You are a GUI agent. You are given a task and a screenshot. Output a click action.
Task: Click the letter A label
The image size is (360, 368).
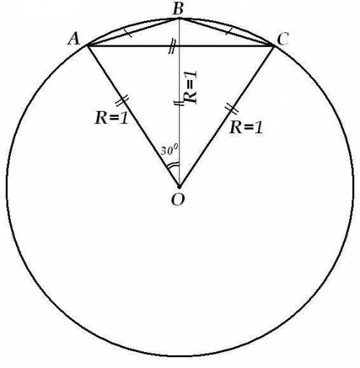coord(73,39)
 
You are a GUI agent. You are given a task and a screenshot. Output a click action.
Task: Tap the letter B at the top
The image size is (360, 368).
coord(178,9)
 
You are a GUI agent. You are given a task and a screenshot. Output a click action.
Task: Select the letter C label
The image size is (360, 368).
coord(282,39)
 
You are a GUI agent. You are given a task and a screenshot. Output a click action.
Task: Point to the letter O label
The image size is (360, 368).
coord(178,200)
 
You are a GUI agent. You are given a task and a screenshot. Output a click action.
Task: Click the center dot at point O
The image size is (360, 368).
coord(179,187)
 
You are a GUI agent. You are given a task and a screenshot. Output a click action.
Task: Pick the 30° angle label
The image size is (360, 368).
coord(169,151)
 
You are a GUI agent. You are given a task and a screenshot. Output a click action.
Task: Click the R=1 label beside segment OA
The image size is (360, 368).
coord(112,118)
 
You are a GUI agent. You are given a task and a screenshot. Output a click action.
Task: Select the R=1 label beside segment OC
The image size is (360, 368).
coord(246,127)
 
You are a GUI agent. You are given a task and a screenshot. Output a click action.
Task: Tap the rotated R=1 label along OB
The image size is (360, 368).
coord(190,87)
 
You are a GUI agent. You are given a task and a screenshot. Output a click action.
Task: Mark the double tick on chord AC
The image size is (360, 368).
coord(172,45)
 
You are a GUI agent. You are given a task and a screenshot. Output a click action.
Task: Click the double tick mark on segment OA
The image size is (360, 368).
coord(122,101)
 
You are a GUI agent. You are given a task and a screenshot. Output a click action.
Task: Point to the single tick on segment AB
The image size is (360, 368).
coord(129,33)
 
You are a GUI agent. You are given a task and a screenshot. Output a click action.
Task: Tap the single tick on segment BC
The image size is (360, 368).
coord(229,31)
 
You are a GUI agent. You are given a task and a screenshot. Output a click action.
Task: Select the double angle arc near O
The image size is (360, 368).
coord(173,166)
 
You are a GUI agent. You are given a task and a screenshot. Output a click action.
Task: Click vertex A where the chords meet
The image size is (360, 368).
coord(88,45)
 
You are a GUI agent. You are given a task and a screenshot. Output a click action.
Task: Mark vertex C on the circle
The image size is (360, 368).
coord(273,45)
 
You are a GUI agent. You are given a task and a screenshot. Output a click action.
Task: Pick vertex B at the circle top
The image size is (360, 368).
coord(179,19)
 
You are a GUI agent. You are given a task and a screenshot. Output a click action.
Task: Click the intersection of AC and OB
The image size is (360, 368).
coord(179,45)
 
